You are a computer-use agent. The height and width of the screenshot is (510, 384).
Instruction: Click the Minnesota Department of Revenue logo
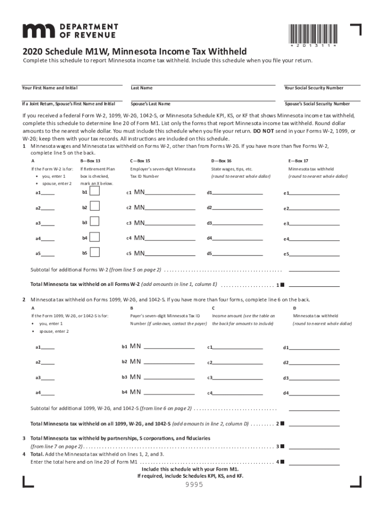click(x=70, y=30)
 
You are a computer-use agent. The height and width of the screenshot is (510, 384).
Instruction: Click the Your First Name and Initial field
click(x=72, y=81)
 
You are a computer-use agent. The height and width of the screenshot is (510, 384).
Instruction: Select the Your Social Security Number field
click(x=322, y=81)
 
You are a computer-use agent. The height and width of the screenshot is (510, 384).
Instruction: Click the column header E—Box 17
click(x=298, y=161)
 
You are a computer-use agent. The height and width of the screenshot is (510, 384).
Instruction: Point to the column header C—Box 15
click(x=140, y=161)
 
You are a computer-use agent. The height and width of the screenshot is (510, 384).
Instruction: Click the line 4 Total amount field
click(x=314, y=462)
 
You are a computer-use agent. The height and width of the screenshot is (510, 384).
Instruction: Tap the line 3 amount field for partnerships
click(x=314, y=446)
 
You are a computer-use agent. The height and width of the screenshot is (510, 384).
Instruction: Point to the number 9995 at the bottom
click(x=194, y=485)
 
